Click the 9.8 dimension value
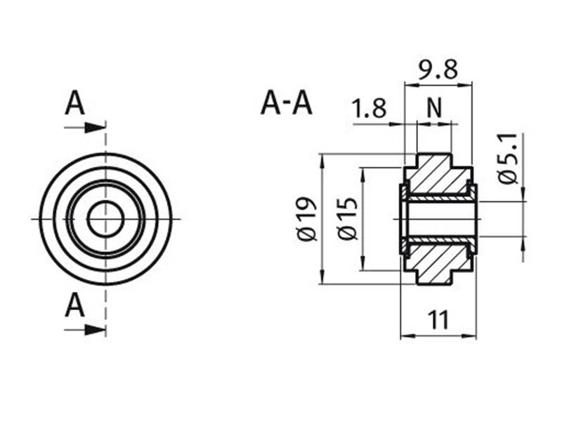point(437,69)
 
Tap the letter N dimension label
point(434,109)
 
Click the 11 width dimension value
point(438,321)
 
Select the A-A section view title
point(286,103)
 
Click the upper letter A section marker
point(75,104)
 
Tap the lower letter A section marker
point(75,306)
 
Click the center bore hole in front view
point(105,219)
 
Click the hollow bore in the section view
point(438,219)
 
